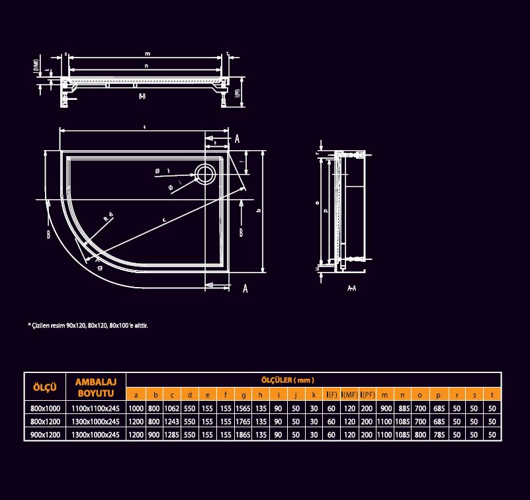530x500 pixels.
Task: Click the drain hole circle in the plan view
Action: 204,173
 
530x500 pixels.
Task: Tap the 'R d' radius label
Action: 108,216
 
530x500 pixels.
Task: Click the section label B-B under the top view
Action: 142,97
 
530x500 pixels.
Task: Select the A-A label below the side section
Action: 352,289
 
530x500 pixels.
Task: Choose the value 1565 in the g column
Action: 243,409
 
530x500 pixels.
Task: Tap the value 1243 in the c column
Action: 172,422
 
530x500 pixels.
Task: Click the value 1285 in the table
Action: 172,435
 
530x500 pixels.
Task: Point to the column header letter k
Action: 314,396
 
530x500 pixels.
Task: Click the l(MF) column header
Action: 349,396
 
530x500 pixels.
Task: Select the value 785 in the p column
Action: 438,435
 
